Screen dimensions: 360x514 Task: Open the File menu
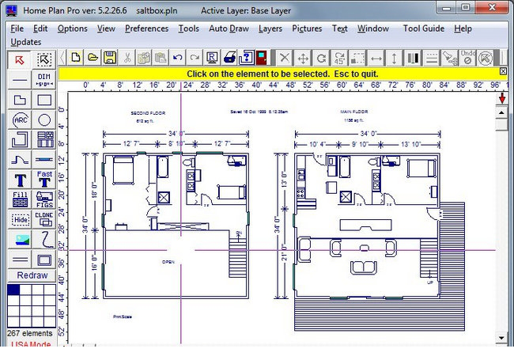(17, 28)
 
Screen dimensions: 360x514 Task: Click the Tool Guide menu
(424, 28)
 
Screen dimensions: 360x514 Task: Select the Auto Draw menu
(229, 28)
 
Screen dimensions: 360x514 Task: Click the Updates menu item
(25, 41)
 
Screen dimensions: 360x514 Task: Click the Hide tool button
(21, 219)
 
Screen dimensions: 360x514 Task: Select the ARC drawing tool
(21, 120)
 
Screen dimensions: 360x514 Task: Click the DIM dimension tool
(44, 79)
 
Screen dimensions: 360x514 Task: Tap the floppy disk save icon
(110, 58)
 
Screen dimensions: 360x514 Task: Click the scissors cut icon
(127, 58)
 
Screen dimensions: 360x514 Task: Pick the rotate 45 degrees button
(338, 58)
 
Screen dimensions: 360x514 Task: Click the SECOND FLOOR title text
(146, 113)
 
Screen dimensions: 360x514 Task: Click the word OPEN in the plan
(167, 261)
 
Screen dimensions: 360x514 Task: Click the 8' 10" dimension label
(180, 142)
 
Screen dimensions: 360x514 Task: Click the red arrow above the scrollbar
(502, 97)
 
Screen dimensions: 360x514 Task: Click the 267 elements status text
(31, 333)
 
